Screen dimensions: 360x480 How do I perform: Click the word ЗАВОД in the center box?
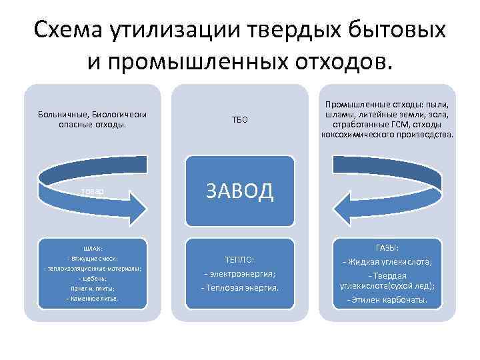point(239,191)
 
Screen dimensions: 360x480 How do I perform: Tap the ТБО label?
point(239,120)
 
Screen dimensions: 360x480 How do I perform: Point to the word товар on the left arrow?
point(93,191)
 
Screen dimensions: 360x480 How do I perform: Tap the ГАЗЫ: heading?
point(387,247)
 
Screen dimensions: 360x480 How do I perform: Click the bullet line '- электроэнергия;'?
point(239,273)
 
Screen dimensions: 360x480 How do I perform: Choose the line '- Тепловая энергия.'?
point(239,287)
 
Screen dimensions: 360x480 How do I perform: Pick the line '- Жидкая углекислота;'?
point(387,261)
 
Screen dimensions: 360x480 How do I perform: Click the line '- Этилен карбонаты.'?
point(387,300)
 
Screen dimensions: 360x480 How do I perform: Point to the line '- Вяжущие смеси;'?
point(93,257)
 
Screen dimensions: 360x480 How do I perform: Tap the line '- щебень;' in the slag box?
point(93,278)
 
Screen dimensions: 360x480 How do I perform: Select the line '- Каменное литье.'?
point(93,298)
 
